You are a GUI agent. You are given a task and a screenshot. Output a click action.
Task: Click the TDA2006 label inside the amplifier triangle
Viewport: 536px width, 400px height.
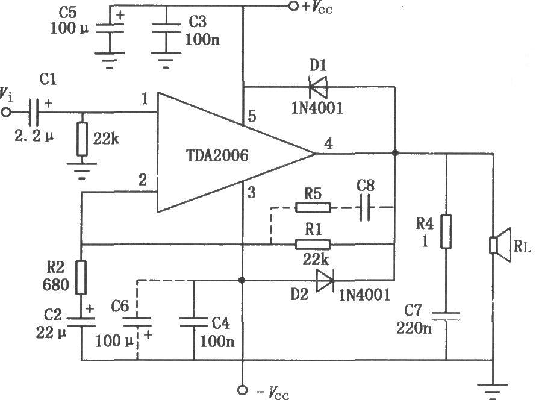(x=217, y=155)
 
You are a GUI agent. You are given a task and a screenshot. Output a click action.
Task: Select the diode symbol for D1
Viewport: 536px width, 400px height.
(x=318, y=87)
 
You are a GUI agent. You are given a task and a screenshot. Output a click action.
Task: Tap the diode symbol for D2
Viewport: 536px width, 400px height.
(x=325, y=280)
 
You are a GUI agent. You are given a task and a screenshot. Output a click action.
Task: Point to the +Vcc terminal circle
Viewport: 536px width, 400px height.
(x=293, y=6)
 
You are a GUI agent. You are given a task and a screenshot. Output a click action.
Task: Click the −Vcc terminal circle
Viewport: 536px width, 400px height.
(x=242, y=390)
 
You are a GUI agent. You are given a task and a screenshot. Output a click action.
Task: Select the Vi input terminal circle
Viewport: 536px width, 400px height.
(x=6, y=112)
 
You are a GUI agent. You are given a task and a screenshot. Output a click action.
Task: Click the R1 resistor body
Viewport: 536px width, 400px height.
(x=313, y=244)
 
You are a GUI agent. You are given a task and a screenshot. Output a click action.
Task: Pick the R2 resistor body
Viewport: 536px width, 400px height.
(x=81, y=277)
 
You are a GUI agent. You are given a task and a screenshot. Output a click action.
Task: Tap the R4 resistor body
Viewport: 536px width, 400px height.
(x=446, y=231)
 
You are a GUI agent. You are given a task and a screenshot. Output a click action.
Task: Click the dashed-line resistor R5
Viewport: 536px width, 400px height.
(x=313, y=207)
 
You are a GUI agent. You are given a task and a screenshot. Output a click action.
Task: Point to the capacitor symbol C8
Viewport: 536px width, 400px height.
(x=366, y=207)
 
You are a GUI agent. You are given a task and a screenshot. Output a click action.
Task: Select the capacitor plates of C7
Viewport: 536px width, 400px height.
(x=446, y=316)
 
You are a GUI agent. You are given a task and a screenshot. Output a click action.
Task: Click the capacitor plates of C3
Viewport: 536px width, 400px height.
(x=166, y=28)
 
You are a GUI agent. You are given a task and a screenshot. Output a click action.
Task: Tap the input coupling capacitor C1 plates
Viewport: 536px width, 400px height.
(x=33, y=112)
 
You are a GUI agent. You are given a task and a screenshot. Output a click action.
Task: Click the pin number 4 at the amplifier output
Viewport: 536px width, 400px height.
(x=328, y=143)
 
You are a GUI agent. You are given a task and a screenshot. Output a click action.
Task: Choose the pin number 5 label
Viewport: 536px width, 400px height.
(x=252, y=116)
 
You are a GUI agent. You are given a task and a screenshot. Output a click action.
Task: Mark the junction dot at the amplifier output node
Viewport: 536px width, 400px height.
(x=395, y=153)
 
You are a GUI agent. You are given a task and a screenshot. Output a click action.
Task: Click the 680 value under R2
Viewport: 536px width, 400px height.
(x=56, y=284)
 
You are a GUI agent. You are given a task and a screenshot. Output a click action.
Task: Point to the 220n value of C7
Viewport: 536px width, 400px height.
(x=414, y=328)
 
